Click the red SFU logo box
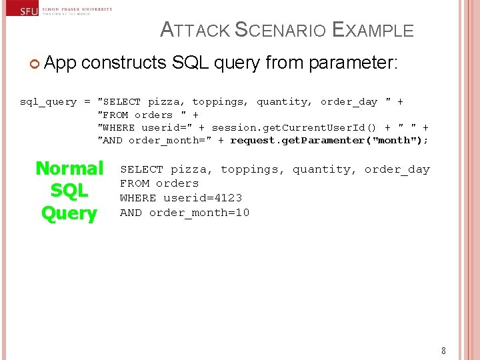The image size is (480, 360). point(20,11)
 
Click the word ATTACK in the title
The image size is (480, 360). point(196,31)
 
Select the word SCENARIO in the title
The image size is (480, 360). point(281,31)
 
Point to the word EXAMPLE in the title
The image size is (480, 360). point(373,31)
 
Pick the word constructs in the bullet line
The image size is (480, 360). point(124,63)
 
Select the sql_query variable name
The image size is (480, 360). point(48,102)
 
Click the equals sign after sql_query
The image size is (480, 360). point(87,102)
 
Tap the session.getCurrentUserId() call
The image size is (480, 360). point(294,127)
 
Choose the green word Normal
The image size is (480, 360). point(69,168)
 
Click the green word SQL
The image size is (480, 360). point(69,191)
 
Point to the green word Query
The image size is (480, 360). point(69,213)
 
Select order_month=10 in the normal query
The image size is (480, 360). point(199,213)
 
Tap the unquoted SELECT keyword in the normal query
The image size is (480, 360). point(141,169)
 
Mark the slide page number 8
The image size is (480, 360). point(443,351)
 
